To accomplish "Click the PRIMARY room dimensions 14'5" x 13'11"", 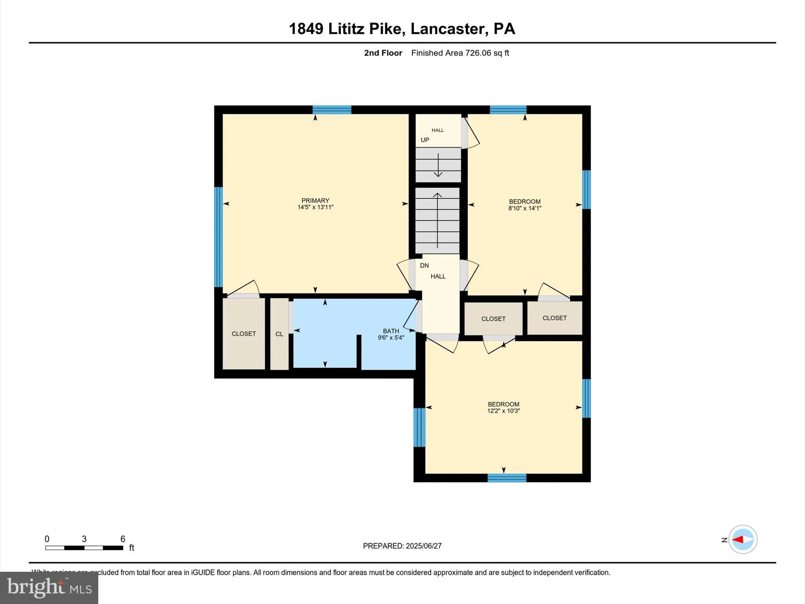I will [x=315, y=207].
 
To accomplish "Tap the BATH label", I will [x=391, y=331].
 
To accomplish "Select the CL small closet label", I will [x=279, y=334].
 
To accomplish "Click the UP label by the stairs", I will [x=425, y=140].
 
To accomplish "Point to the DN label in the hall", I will [x=424, y=265].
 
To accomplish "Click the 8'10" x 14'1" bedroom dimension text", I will [x=524, y=208].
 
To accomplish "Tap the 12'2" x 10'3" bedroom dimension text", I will [x=503, y=411].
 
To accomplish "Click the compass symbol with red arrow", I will [x=743, y=540].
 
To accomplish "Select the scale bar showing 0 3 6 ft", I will [x=84, y=547].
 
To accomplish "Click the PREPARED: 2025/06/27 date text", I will [x=402, y=546].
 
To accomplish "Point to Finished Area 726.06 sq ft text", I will [x=460, y=53].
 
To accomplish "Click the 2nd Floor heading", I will [x=383, y=53].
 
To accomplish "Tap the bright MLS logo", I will [x=49, y=587].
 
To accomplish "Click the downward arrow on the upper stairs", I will [x=438, y=165].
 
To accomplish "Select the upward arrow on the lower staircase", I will [x=437, y=220].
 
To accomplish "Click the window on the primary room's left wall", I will [x=219, y=237].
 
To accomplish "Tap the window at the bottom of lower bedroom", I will [x=507, y=478].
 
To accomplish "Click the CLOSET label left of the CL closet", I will [x=244, y=334].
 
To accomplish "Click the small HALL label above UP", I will [x=437, y=130].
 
